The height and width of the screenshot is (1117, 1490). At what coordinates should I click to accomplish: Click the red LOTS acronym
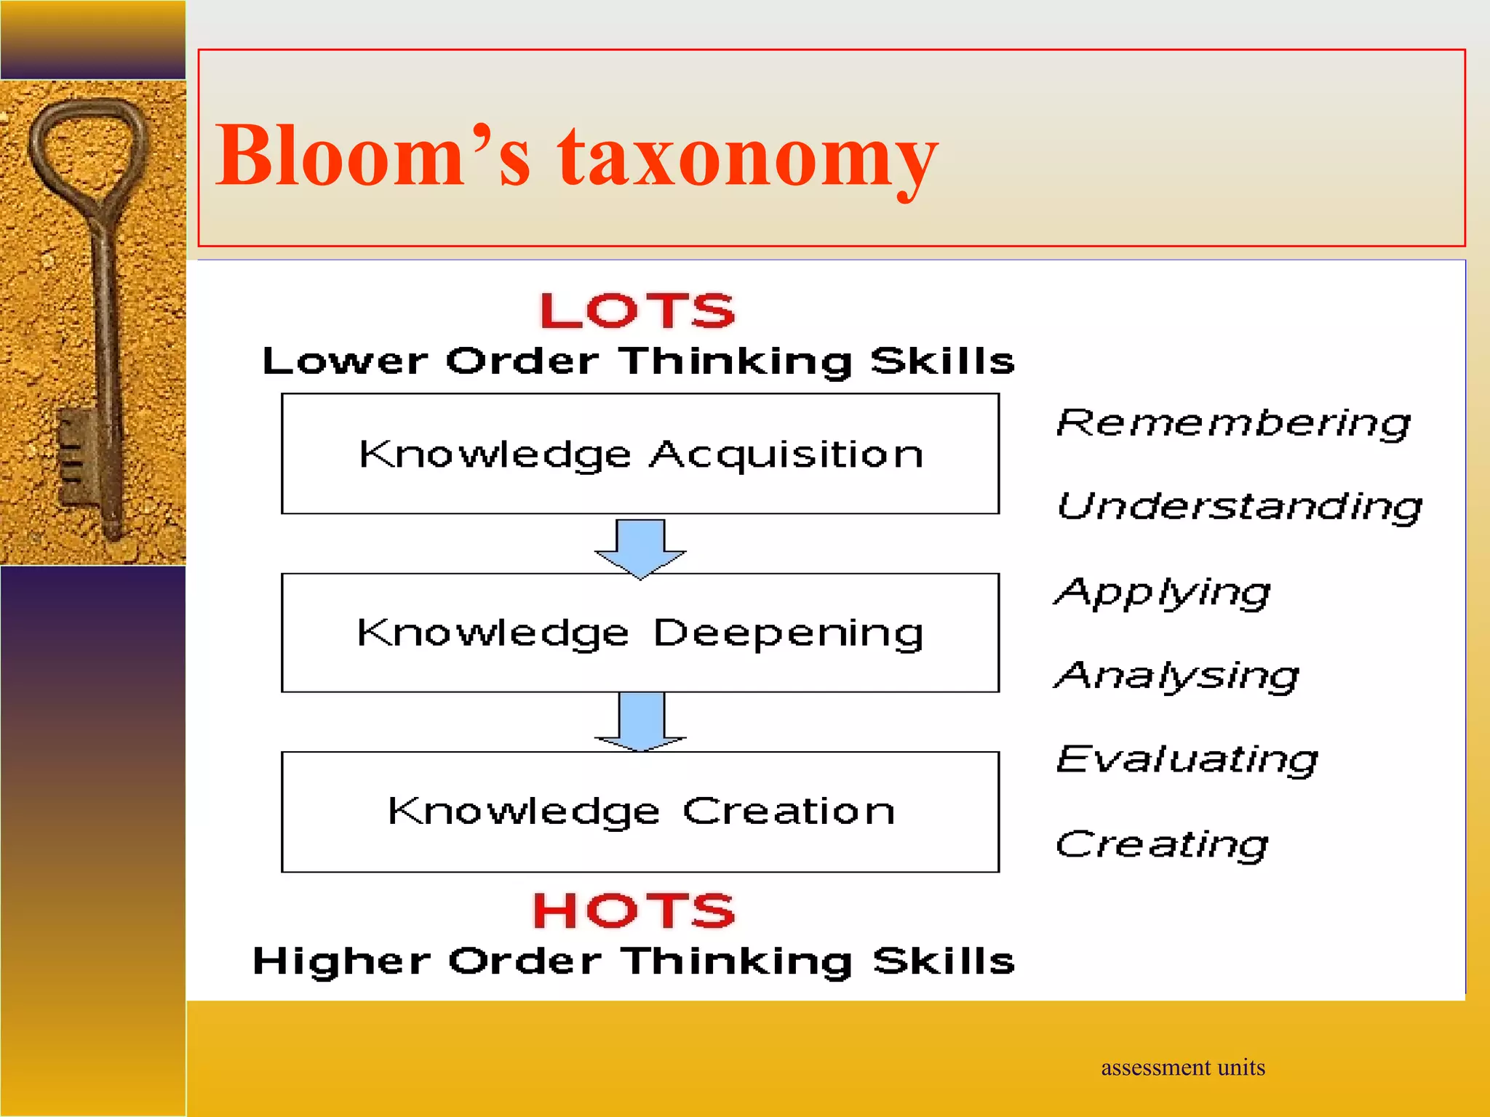click(x=637, y=311)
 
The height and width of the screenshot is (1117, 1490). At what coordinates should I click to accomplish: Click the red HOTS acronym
click(x=634, y=910)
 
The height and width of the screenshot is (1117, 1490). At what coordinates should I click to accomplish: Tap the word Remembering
click(x=1233, y=423)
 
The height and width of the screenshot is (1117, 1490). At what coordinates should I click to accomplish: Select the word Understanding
click(x=1239, y=506)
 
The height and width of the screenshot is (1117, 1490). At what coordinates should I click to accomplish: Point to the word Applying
click(x=1162, y=592)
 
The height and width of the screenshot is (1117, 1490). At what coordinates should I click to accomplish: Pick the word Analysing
click(x=1176, y=676)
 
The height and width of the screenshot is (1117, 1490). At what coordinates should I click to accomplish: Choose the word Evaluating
click(x=1187, y=759)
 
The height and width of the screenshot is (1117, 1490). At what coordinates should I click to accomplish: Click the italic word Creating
click(x=1161, y=844)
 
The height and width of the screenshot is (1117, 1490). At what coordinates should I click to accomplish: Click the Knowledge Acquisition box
click(x=640, y=454)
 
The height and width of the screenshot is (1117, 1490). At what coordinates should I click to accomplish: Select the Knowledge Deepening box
click(x=640, y=633)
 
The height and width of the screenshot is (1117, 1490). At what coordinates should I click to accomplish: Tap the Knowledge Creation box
click(x=640, y=812)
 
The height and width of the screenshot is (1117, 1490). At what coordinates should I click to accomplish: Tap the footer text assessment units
click(x=1182, y=1068)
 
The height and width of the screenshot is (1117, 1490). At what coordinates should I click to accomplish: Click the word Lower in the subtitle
click(x=345, y=361)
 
